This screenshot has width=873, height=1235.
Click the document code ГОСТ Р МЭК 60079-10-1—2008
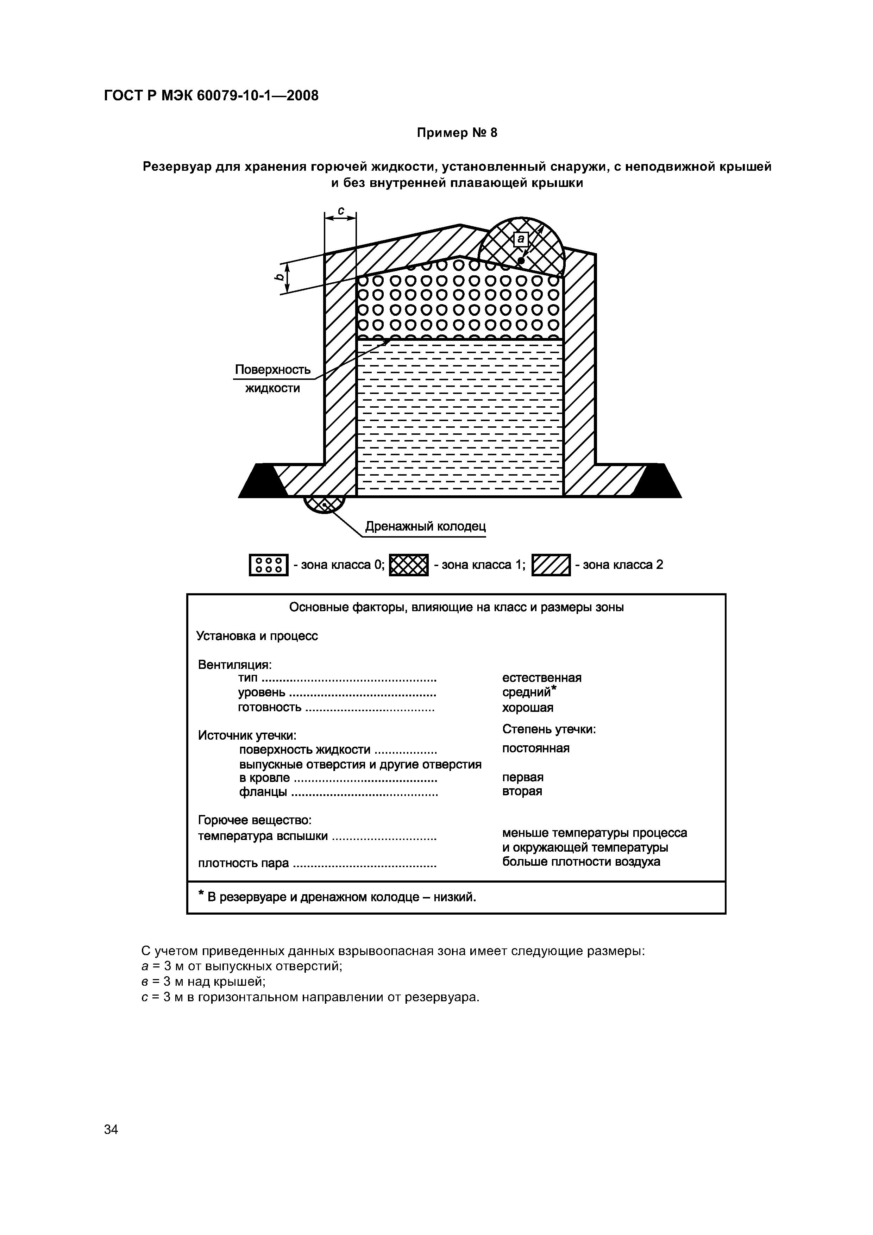point(211,96)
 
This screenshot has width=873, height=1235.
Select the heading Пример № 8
point(457,133)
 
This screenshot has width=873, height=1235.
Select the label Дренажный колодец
point(426,526)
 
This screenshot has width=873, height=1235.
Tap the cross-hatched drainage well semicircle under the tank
point(324,504)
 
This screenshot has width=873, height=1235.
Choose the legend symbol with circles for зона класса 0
point(268,565)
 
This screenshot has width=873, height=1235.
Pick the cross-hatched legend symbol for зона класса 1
point(408,565)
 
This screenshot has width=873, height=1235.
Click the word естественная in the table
point(542,678)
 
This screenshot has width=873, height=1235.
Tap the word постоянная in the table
point(536,748)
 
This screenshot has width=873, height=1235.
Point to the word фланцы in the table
point(263,792)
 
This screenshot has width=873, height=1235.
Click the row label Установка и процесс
point(257,636)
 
